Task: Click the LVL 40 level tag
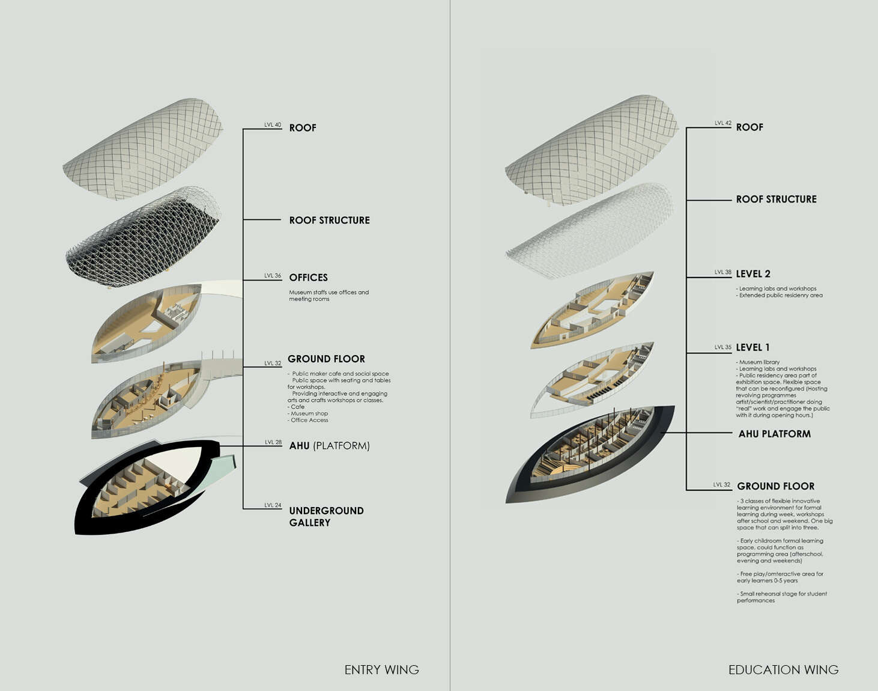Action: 273,125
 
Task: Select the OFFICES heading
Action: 309,278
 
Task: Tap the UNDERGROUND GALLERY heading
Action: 326,517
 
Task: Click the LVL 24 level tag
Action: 273,505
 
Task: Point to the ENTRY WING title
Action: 381,670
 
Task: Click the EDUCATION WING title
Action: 783,670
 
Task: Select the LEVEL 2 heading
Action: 753,274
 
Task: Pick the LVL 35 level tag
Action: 723,347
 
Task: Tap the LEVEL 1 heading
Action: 752,347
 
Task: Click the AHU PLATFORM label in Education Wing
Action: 774,434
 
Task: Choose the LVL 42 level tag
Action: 723,123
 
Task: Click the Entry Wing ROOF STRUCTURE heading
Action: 329,221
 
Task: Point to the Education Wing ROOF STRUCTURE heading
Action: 777,199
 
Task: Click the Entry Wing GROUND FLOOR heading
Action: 326,359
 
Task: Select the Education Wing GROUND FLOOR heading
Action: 775,486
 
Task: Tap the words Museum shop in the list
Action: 309,413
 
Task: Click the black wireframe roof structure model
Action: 143,237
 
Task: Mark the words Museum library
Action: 759,362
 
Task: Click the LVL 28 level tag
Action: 273,442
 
